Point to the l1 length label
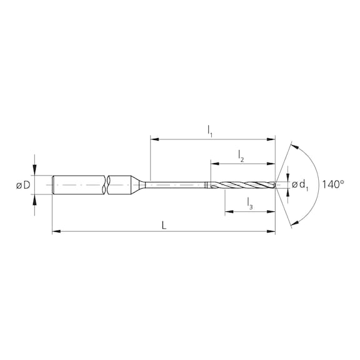click(x=210, y=130)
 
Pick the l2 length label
click(x=241, y=156)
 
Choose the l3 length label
click(x=249, y=203)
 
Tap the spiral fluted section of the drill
click(x=244, y=184)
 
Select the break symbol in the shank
click(x=107, y=184)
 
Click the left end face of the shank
click(x=53, y=184)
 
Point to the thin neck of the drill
click(x=178, y=184)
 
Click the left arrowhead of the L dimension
click(x=56, y=232)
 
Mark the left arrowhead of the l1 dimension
click(x=154, y=138)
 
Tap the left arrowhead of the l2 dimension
click(x=214, y=164)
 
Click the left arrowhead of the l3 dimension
click(x=227, y=211)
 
